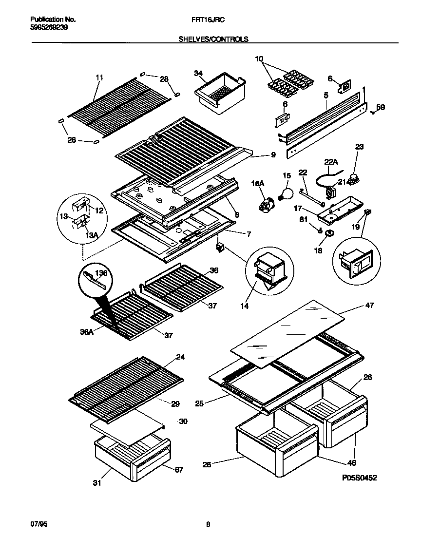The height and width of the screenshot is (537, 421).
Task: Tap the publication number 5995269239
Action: click(x=49, y=28)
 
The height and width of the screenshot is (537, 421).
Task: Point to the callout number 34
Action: click(x=197, y=74)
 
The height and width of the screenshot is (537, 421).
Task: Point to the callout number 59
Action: click(x=381, y=108)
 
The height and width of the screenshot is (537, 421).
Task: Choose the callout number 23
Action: click(x=359, y=146)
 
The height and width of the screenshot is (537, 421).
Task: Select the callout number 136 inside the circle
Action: click(x=101, y=273)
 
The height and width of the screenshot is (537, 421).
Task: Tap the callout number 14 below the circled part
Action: click(x=244, y=306)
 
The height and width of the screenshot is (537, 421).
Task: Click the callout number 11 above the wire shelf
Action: click(x=99, y=77)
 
